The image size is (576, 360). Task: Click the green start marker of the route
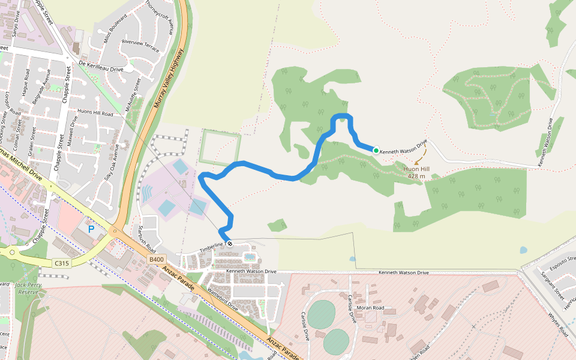tap(376, 151)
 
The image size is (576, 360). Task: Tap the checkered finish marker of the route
tap(229, 244)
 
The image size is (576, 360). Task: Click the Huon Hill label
tap(416, 172)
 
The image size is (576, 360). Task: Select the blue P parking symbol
tap(91, 229)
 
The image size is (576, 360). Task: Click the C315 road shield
tap(61, 263)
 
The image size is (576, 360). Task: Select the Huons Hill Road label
tap(96, 113)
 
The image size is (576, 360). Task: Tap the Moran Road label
tap(370, 308)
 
